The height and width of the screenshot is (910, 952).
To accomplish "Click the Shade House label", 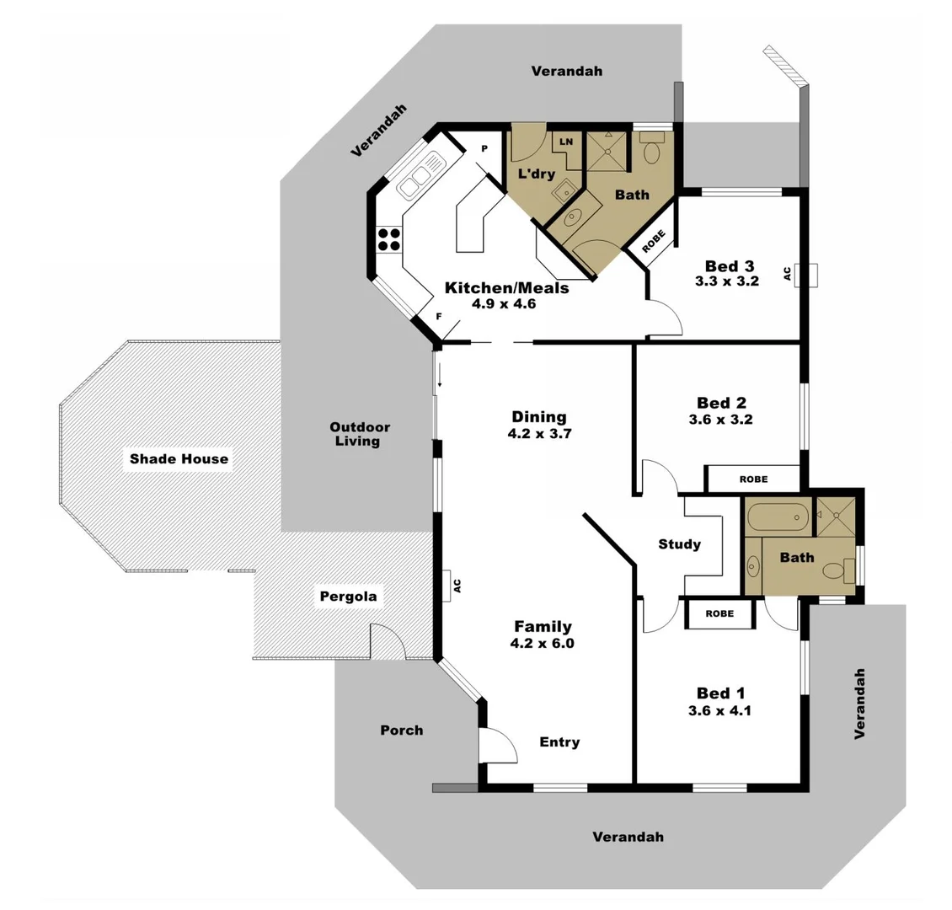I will tap(179, 459).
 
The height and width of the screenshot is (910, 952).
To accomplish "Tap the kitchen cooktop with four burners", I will tap(388, 239).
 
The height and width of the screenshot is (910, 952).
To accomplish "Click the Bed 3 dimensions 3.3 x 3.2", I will tap(726, 281).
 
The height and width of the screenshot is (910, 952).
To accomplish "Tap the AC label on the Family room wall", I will tap(457, 585).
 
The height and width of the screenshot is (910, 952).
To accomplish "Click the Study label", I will tap(679, 544).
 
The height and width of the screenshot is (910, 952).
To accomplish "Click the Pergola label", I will tap(348, 597).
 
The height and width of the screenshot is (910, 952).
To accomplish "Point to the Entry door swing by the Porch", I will tap(495, 746).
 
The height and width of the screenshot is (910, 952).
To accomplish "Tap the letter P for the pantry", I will tap(484, 148).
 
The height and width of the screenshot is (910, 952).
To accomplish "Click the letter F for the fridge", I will tap(438, 317).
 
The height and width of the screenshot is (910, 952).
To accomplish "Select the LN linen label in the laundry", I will tap(566, 142).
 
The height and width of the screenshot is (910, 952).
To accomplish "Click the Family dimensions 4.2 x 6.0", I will tap(543, 643).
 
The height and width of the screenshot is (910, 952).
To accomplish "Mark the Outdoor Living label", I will tap(360, 434).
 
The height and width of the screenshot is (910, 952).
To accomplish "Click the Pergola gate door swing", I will tap(388, 642).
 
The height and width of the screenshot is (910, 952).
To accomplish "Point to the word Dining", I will tap(539, 417).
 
